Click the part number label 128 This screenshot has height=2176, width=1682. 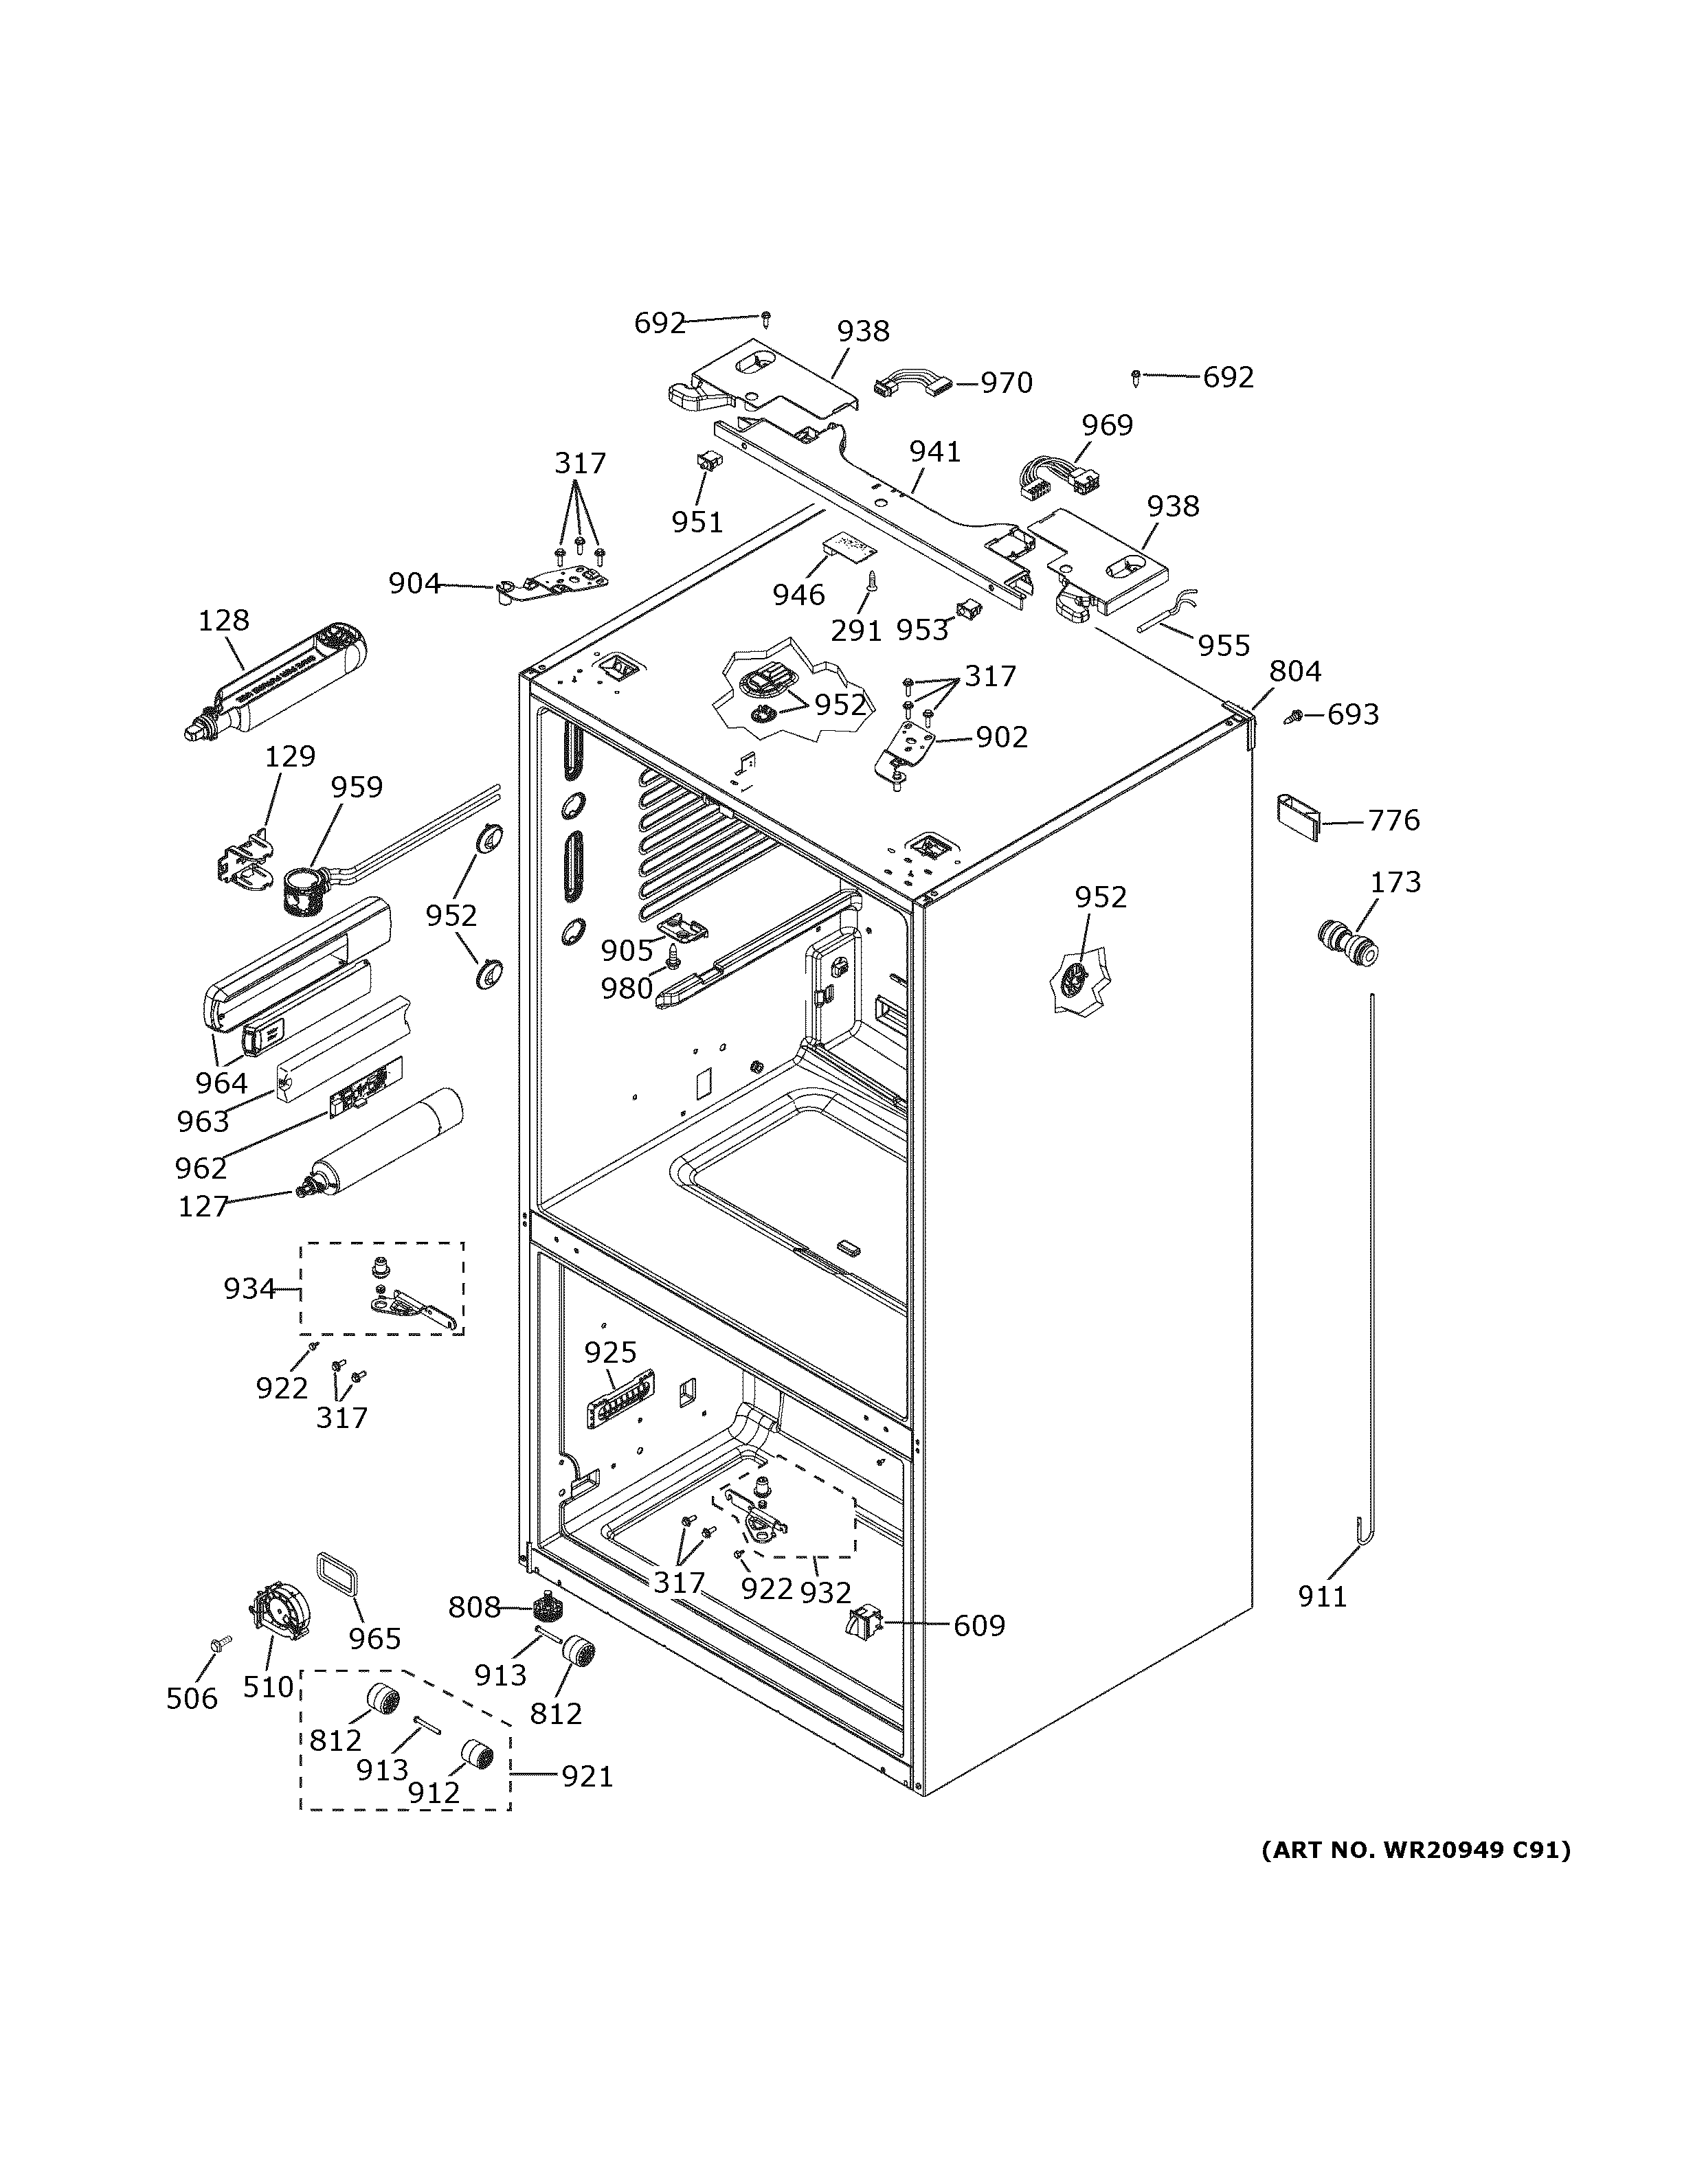point(223,620)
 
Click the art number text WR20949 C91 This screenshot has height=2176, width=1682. point(1415,1850)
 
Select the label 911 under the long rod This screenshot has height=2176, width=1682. point(1321,1596)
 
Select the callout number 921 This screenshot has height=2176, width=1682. point(587,1776)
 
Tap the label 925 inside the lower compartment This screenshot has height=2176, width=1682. point(610,1352)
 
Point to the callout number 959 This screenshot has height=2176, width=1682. point(357,787)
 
